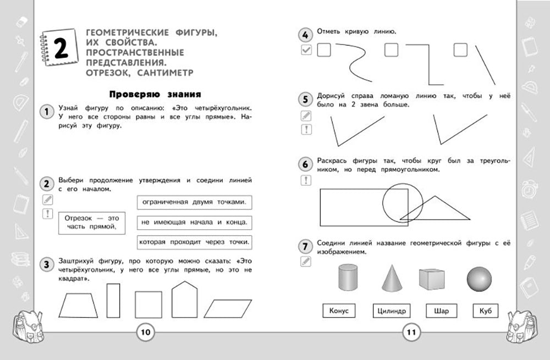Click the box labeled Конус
pyautogui.click(x=339, y=311)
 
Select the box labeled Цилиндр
pyautogui.click(x=392, y=311)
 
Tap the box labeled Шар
pyautogui.click(x=441, y=311)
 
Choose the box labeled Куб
pyautogui.click(x=485, y=311)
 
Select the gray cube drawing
pyautogui.click(x=432, y=279)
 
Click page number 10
pyautogui.click(x=145, y=332)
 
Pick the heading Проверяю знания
pyautogui.click(x=153, y=94)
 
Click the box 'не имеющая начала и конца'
pyautogui.click(x=194, y=222)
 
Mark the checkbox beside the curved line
pyautogui.click(x=323, y=51)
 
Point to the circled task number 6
pyautogui.click(x=305, y=164)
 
